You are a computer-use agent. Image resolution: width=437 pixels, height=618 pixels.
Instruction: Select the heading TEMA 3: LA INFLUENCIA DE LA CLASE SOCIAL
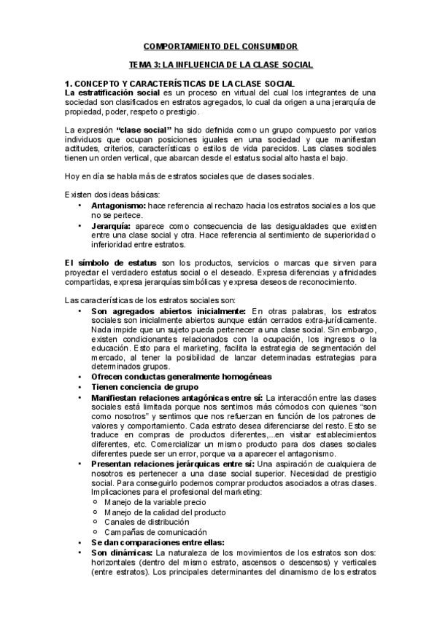click(216, 65)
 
